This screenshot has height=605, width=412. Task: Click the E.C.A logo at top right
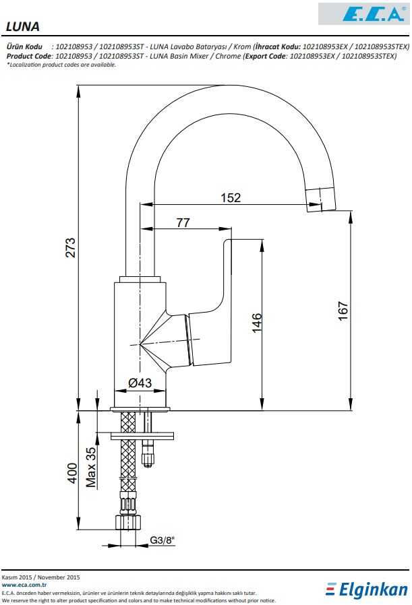click(363, 13)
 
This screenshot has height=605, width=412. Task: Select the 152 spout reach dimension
click(231, 197)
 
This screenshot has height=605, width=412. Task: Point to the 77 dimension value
click(183, 223)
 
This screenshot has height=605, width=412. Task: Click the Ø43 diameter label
click(139, 383)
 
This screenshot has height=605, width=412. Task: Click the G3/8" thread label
click(161, 540)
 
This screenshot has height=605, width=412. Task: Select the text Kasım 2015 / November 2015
click(41, 577)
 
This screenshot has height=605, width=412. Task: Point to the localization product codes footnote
click(61, 65)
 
